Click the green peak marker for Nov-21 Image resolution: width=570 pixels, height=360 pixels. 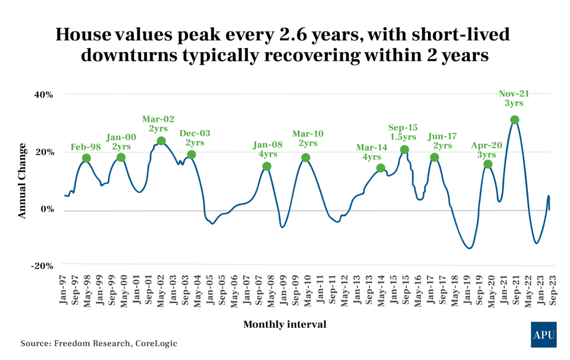[515, 120]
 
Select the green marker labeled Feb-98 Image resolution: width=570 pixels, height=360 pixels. [86, 158]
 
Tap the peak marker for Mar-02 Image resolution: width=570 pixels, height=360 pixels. [161, 141]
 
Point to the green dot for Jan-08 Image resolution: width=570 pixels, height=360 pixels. [267, 166]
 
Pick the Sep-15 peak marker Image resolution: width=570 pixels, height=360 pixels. [405, 150]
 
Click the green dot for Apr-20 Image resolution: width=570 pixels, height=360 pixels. [488, 164]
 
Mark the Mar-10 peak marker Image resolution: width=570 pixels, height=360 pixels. [306, 158]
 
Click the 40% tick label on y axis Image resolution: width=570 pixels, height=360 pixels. [43, 95]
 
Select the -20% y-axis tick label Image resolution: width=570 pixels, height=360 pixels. [42, 266]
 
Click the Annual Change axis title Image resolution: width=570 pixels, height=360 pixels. [22, 181]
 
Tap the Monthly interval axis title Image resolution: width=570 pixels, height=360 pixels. [285, 324]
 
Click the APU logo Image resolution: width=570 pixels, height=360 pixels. [543, 334]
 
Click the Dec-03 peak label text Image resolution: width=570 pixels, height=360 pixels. [195, 133]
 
